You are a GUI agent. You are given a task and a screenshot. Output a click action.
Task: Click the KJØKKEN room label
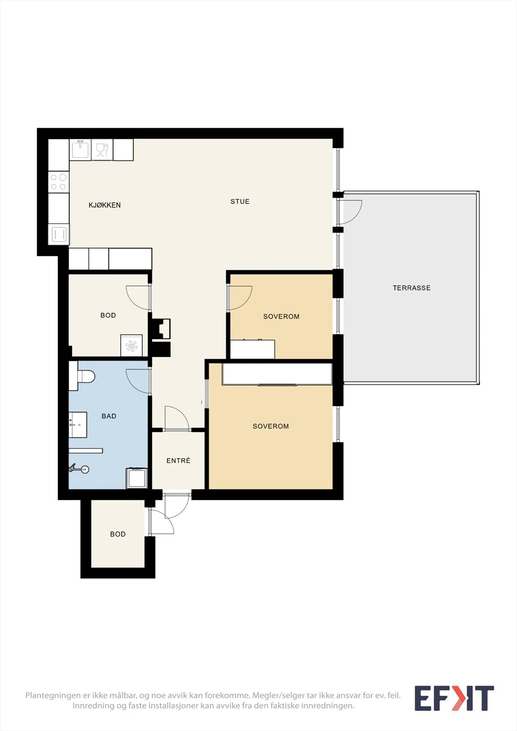coord(105,205)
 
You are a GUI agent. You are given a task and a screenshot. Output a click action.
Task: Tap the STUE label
coord(240,201)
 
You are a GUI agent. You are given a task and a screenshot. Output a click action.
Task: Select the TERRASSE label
coord(411,288)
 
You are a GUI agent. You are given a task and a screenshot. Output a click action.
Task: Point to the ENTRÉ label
coord(178,461)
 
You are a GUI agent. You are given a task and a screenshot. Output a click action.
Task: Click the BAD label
coord(109,416)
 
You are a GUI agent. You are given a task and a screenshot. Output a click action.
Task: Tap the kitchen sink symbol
coord(80,149)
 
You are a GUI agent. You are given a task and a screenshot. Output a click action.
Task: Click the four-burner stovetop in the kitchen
coord(59,182)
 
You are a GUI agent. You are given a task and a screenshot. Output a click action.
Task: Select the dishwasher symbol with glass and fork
coord(102,149)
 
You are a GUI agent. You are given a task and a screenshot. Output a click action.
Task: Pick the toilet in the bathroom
coord(82,376)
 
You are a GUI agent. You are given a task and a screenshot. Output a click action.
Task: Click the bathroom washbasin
coord(78,424)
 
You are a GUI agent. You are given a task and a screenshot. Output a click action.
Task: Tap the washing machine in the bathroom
coord(137,478)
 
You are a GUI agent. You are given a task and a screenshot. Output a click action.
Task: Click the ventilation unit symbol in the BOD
coord(131,345)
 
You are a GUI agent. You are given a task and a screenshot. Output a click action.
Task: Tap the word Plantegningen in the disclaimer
coord(53,695)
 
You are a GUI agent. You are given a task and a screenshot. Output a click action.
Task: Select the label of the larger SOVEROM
coord(271,426)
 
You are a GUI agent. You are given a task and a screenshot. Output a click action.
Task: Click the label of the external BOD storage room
coord(117,534)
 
